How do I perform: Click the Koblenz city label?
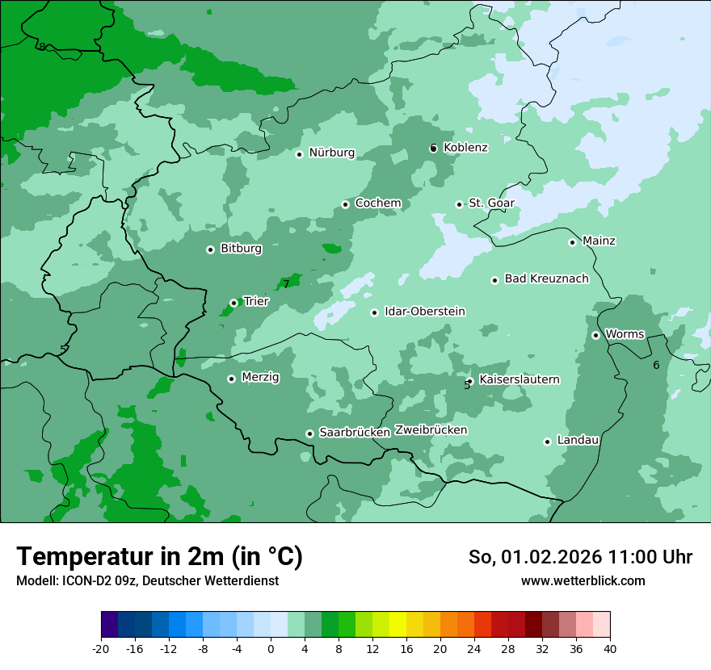[465, 148]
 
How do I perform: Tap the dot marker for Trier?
[233, 303]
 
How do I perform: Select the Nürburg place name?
[331, 153]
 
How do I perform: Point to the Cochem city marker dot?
[345, 204]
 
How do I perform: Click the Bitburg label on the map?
[241, 249]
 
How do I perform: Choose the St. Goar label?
[491, 203]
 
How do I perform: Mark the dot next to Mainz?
[572, 242]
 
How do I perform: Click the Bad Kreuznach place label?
[546, 278]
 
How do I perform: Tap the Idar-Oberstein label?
[424, 312]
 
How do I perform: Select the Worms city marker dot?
[595, 335]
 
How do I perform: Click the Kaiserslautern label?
[519, 379]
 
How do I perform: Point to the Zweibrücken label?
[431, 430]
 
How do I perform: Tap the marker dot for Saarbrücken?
[309, 433]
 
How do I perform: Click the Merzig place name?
[260, 377]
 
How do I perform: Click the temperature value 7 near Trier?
[286, 284]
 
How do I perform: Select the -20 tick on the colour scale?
[101, 648]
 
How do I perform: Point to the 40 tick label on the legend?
[610, 648]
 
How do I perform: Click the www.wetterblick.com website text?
[583, 580]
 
